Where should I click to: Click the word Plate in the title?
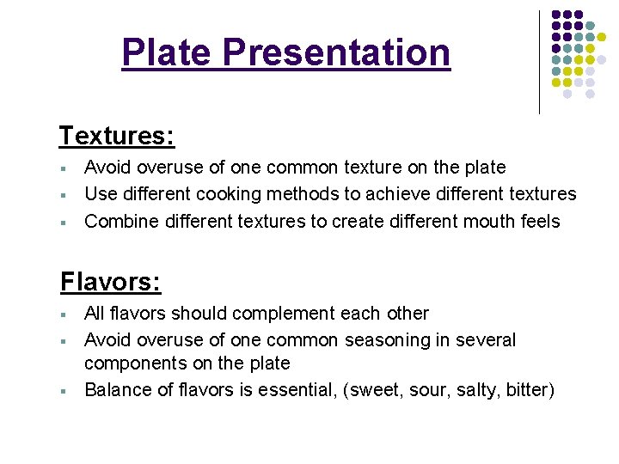168,52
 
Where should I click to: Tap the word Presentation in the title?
336,52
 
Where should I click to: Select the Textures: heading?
117,136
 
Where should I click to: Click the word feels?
540,222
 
